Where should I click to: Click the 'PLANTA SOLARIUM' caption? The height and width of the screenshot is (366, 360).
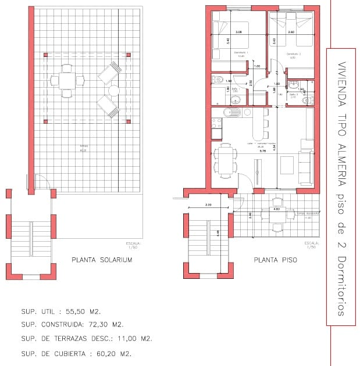click(101, 260)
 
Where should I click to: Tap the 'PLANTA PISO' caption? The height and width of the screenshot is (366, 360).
click(275, 260)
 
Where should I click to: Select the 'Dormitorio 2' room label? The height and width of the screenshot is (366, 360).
click(293, 53)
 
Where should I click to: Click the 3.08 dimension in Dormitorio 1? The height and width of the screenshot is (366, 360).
click(238, 32)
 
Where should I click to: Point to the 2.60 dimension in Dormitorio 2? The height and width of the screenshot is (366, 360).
click(291, 32)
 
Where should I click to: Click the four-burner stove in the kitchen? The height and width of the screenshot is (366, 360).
click(216, 123)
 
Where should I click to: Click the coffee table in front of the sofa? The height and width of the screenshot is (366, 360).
click(287, 165)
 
